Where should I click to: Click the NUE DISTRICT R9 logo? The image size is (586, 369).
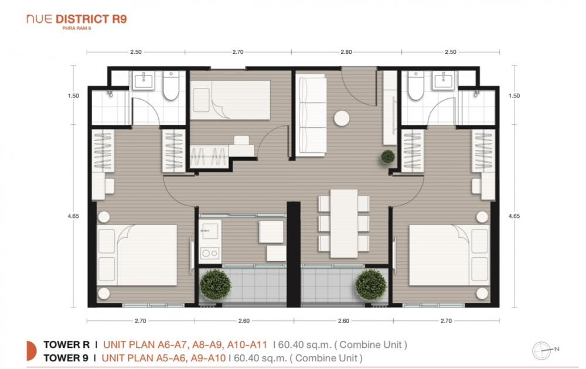pos(77,21)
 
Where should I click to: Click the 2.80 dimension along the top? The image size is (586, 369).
pos(346,52)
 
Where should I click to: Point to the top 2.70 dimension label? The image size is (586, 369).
pos(238,52)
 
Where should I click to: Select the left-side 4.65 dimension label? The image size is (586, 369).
pos(74,216)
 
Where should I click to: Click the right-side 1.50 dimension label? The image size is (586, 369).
pos(515,95)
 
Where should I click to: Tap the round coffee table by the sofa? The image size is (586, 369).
pos(342,118)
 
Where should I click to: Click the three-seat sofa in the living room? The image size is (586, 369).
pos(311,115)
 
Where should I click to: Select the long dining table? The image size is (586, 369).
pos(344,223)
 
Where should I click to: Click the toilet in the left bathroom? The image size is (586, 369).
pos(171,86)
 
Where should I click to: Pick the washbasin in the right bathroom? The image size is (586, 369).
pos(444,80)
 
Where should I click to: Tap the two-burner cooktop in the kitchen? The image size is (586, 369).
pos(210,253)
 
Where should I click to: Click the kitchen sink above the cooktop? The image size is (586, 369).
pos(210,231)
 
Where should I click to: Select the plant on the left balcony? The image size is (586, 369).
pos(215,285)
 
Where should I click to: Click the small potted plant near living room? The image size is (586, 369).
pos(388,157)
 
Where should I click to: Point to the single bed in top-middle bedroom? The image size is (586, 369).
pos(230,100)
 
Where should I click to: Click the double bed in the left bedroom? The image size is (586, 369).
pos(137,255)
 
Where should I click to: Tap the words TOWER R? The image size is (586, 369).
pos(67,344)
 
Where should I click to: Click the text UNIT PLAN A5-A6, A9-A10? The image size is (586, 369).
pos(163,358)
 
